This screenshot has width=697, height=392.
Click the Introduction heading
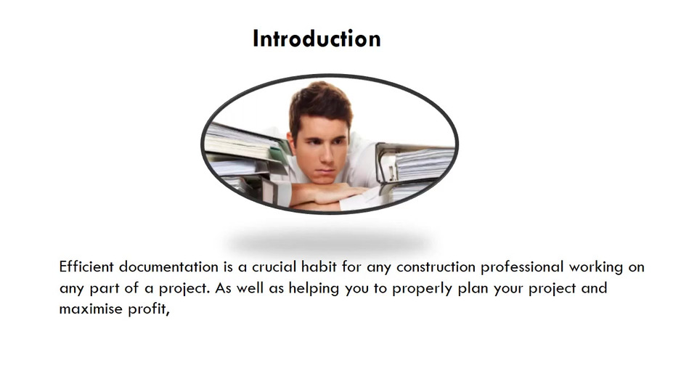pyautogui.click(x=317, y=38)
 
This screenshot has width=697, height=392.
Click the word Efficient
pyautogui.click(x=86, y=266)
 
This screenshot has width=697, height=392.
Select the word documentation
pyautogui.click(x=168, y=266)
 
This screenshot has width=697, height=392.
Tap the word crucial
pyautogui.click(x=274, y=266)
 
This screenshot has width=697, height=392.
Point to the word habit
pyautogui.click(x=319, y=266)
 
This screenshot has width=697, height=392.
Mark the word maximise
pyautogui.click(x=91, y=309)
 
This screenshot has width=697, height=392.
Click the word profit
pyautogui.click(x=147, y=309)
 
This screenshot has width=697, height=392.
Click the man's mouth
pyautogui.click(x=325, y=171)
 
